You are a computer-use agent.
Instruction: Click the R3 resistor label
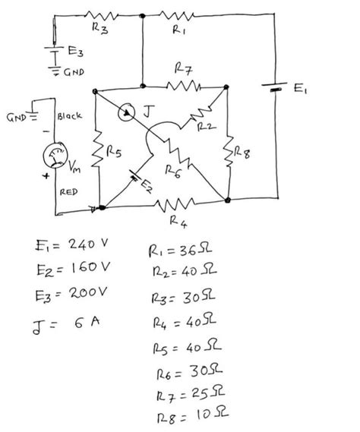[x=99, y=28]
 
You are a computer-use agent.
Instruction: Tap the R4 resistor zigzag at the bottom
[x=170, y=203]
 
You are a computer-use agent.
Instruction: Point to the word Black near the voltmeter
[x=70, y=117]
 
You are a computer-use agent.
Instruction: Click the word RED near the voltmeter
[x=69, y=194]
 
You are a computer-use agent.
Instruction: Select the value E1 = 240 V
[x=72, y=244]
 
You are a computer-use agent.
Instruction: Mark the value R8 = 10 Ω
[x=183, y=417]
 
